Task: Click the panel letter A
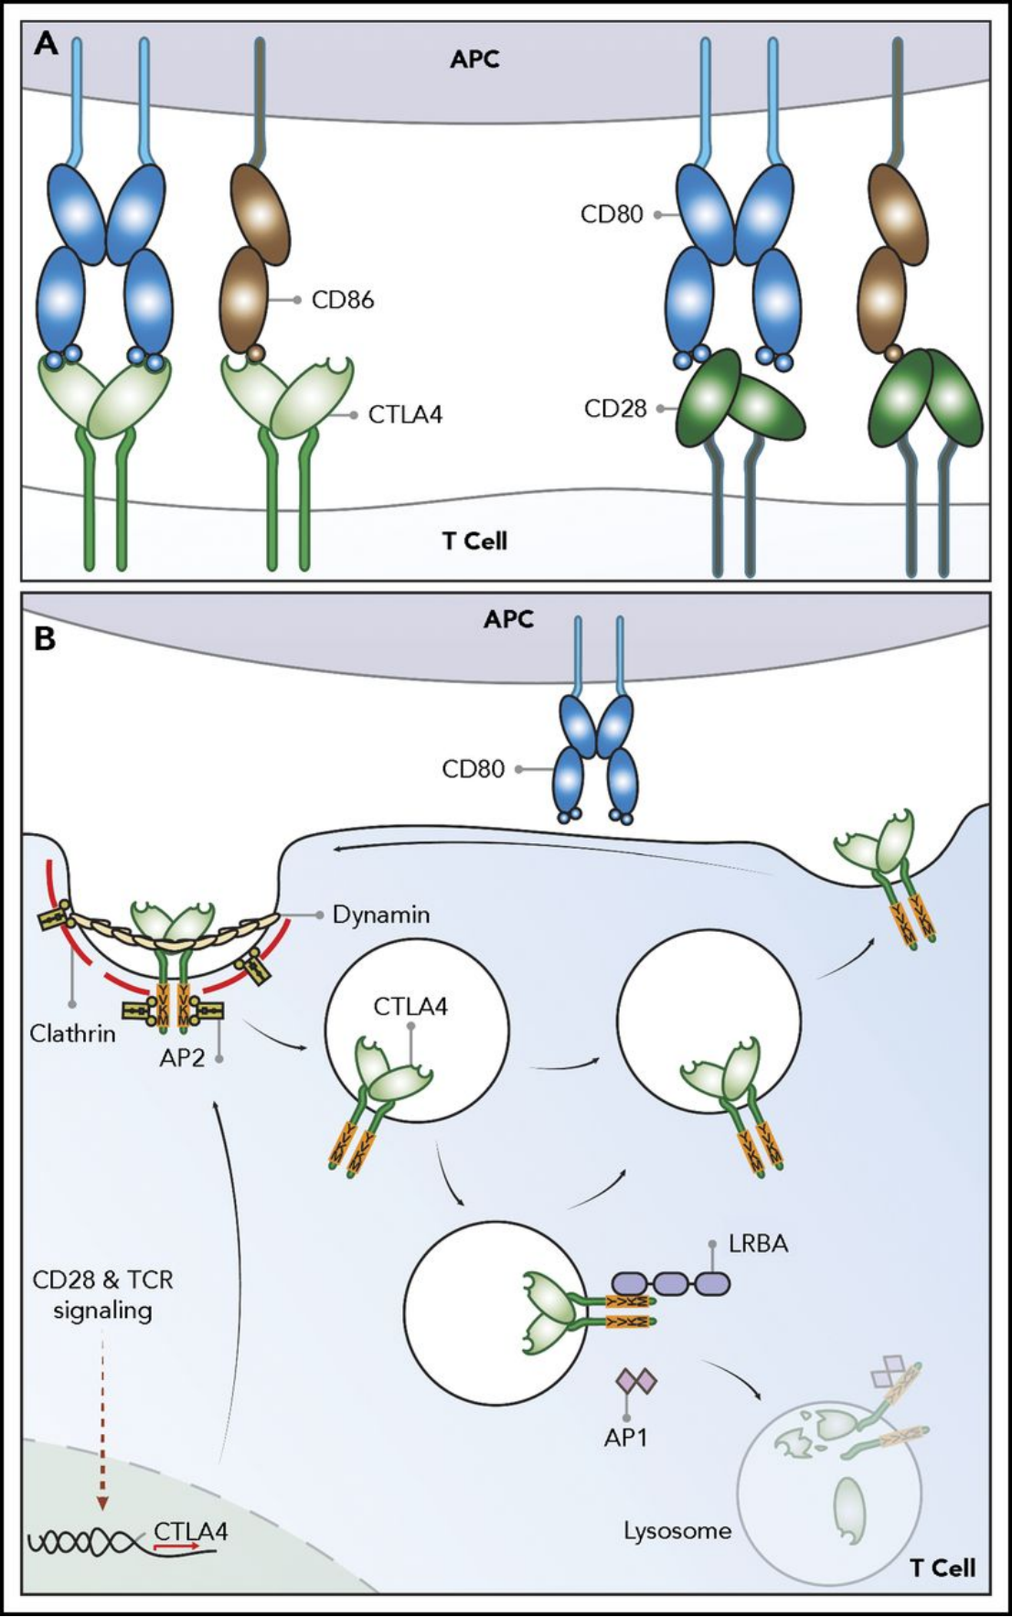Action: (x=46, y=43)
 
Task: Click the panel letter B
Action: (x=44, y=637)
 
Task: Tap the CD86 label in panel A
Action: (x=343, y=300)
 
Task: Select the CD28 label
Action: (x=615, y=409)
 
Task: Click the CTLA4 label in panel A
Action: (x=405, y=414)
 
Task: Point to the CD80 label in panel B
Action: (x=473, y=769)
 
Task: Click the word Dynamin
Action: (x=381, y=915)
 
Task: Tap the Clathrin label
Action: (x=73, y=1033)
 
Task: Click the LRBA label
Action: (x=758, y=1244)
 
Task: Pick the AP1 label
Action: (x=625, y=1437)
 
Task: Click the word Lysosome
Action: (x=677, y=1530)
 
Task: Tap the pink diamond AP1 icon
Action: (x=636, y=1380)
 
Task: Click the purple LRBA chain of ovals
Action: (x=670, y=1284)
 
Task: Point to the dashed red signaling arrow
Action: (x=102, y=1427)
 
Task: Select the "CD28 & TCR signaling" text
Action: (x=102, y=1294)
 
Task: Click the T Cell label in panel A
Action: (x=474, y=541)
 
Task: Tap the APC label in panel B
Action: (x=508, y=619)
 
